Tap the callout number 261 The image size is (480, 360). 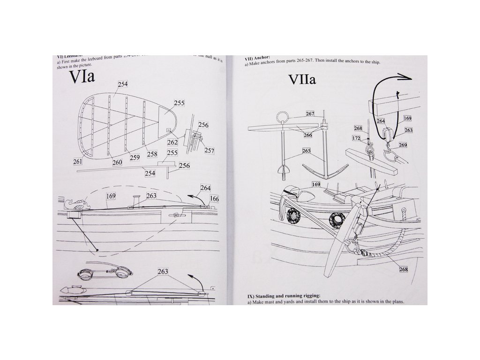point(77,162)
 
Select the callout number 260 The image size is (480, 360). point(117,162)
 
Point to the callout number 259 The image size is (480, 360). point(135,157)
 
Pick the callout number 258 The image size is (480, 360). point(152,154)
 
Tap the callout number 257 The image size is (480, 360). point(209,150)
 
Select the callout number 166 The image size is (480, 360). point(214,199)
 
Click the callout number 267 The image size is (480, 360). point(310,114)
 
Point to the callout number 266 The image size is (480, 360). point(307,135)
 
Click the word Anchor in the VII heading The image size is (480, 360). point(261,58)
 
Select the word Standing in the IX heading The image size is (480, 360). point(270,296)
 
